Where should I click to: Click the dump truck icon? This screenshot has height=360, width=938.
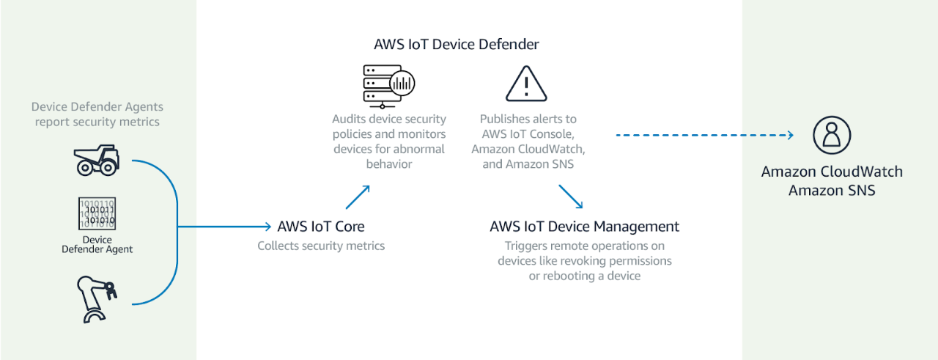tap(97, 160)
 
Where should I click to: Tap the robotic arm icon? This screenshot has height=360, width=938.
tap(97, 299)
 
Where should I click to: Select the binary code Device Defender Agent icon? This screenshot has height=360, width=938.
tap(97, 214)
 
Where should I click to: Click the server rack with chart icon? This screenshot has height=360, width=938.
tap(389, 87)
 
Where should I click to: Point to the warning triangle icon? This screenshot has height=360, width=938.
tap(526, 84)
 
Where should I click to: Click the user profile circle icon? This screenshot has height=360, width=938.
tap(832, 135)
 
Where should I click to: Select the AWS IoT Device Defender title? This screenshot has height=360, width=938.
tap(457, 45)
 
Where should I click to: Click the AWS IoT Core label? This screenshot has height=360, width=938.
tap(321, 227)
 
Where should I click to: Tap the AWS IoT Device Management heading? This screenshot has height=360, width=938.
tap(585, 227)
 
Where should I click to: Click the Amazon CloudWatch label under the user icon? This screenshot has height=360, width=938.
tap(832, 172)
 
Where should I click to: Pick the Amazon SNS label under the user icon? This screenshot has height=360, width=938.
tap(832, 191)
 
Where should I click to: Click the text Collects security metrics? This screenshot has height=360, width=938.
tap(321, 246)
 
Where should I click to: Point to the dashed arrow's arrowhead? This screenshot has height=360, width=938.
tap(790, 135)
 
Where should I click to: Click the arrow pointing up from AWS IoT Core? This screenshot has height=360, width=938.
tap(358, 197)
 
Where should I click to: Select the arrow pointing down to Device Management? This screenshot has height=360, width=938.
tap(571, 196)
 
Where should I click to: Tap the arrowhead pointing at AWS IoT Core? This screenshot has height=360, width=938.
tap(268, 227)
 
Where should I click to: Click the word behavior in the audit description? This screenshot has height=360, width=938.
tap(389, 164)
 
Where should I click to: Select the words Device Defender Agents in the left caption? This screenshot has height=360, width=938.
tap(97, 107)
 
